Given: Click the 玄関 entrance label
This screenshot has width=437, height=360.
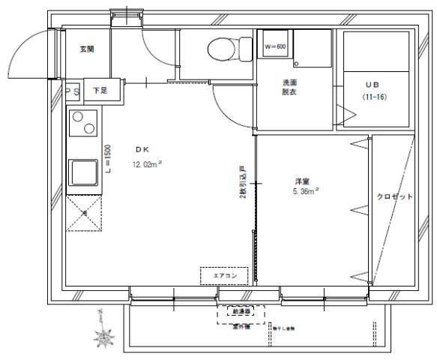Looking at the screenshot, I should coord(86,49).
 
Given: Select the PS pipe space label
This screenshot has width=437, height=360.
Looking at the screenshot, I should coord(73,91).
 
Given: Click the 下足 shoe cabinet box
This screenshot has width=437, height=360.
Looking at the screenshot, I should coord(100,91).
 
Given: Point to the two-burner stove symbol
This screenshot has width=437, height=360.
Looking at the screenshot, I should coord(83,123).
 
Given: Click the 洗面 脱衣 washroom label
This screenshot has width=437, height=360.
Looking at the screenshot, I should coord(291,87).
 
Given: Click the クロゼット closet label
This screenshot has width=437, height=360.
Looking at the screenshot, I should coord(394,196).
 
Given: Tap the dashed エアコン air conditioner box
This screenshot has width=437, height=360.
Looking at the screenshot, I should coord(225,276).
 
